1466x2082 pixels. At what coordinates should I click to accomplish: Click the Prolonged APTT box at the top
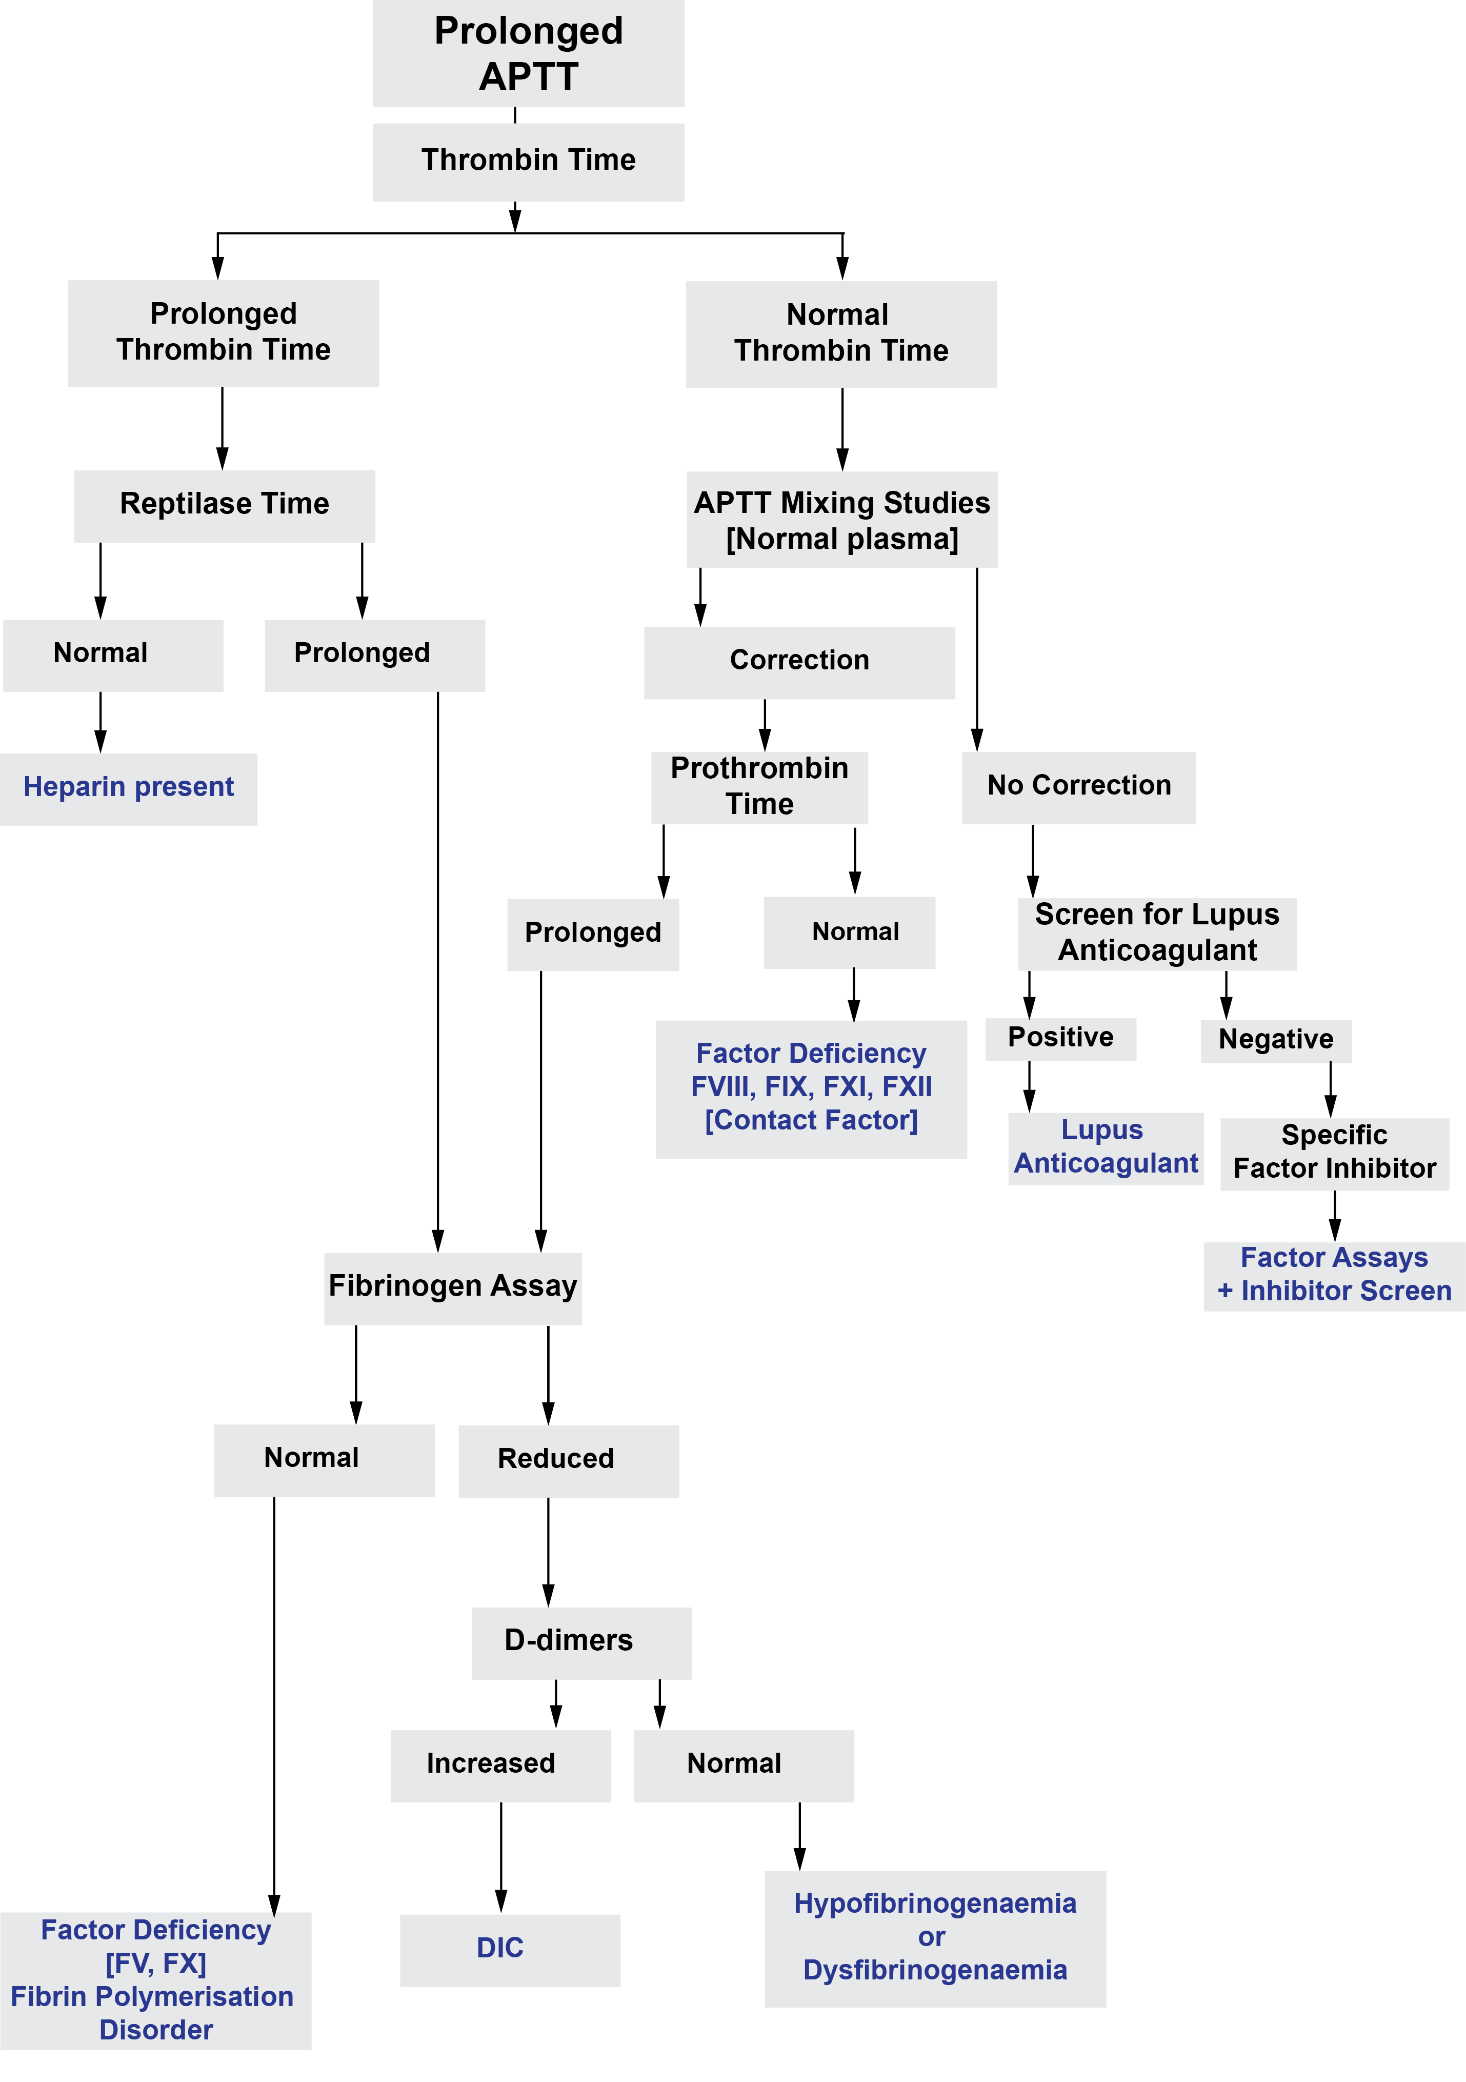click(x=529, y=53)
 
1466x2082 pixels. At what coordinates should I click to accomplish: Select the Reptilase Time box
click(x=224, y=505)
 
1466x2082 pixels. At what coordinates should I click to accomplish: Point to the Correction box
click(x=799, y=662)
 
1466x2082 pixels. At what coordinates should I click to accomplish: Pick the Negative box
click(x=1276, y=1041)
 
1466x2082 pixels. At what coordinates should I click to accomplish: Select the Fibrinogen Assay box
click(x=452, y=1287)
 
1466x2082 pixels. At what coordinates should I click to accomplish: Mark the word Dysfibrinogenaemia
click(x=935, y=1971)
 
